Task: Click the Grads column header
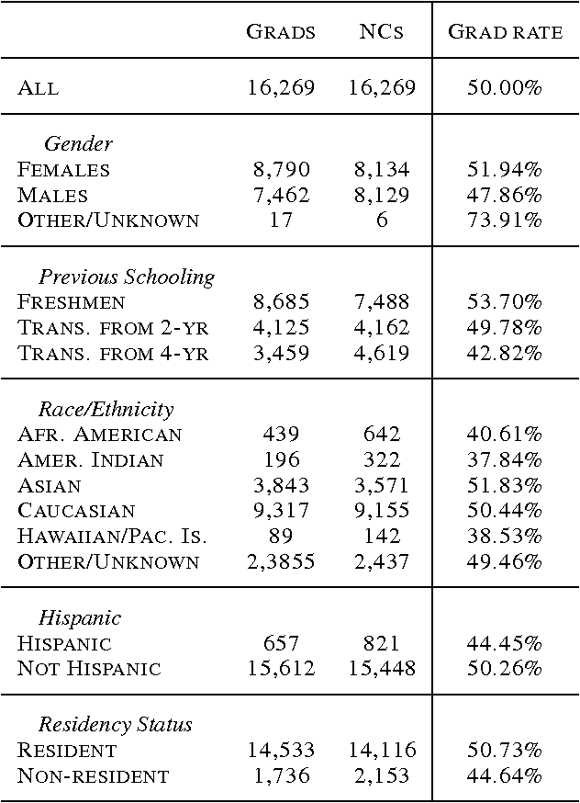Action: point(281,32)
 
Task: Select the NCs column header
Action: point(382,32)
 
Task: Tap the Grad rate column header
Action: point(505,32)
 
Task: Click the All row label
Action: point(39,88)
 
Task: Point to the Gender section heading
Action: point(78,144)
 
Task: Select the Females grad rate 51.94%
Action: point(505,170)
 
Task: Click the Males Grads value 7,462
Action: point(281,195)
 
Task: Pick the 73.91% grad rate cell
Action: point(505,221)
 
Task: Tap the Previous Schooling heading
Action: point(127,277)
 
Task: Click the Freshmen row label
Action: point(72,302)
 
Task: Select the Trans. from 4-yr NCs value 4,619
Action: point(382,353)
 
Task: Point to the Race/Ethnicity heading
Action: point(106,409)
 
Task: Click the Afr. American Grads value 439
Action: point(281,435)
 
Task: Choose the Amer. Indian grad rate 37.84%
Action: point(505,459)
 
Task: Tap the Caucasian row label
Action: point(76,511)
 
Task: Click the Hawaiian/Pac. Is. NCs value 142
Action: point(382,537)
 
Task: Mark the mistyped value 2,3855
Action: point(281,562)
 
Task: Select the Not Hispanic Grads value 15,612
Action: point(281,669)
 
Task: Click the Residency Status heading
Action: point(116,725)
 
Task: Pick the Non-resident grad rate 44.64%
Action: point(505,776)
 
